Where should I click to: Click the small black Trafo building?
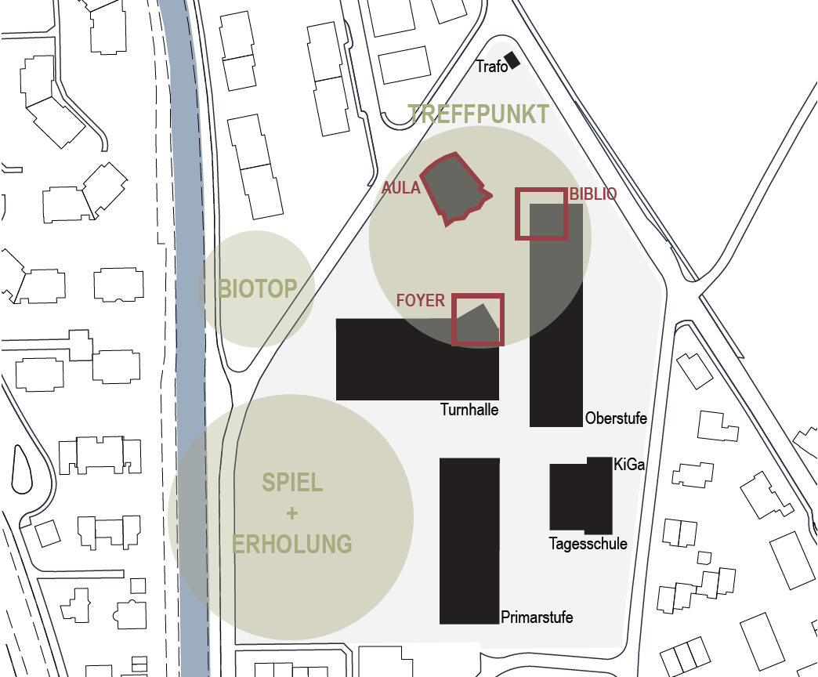point(512,60)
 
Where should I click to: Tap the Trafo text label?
point(491,67)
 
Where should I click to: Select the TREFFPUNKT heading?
point(478,114)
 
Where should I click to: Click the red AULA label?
point(400,188)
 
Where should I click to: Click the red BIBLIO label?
point(592,194)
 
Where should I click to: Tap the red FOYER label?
point(421,300)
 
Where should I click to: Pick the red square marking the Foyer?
point(478,295)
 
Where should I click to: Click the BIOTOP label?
point(257,289)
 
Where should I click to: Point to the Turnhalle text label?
point(469,410)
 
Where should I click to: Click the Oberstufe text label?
point(616,418)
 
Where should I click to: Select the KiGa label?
point(629,464)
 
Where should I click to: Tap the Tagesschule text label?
point(588,544)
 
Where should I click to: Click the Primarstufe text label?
point(537,617)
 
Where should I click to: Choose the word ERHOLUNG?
point(292,545)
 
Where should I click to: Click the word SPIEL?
point(292,483)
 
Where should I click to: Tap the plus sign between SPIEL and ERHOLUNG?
point(292,513)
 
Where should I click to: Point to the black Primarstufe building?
point(469,541)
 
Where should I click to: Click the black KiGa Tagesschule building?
point(581,496)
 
